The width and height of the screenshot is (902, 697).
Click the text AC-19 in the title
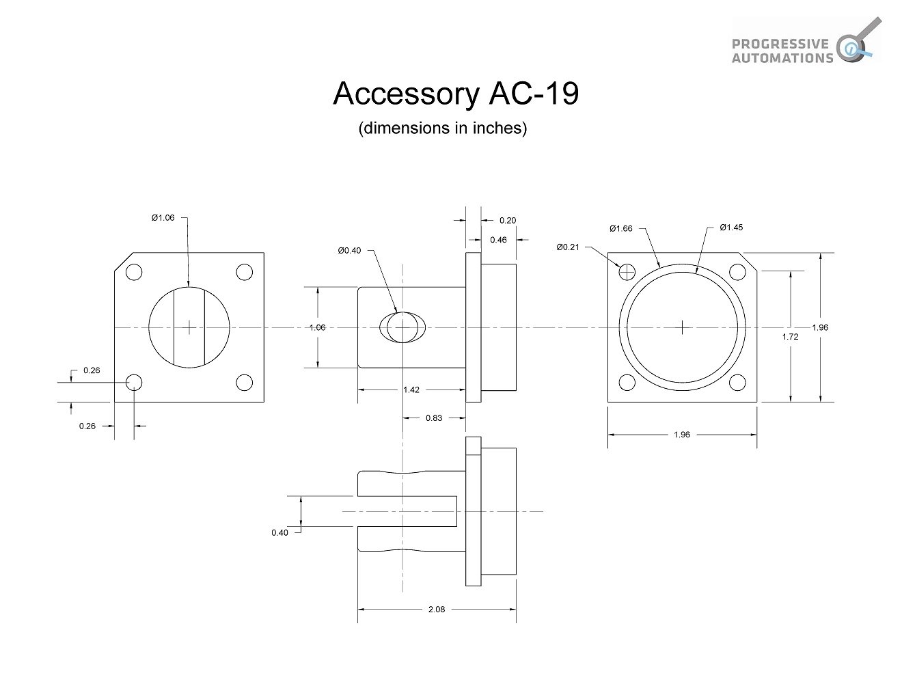[534, 94]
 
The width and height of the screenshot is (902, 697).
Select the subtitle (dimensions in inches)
[442, 128]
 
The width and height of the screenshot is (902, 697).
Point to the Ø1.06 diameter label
[163, 217]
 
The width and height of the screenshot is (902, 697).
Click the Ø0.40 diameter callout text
[349, 250]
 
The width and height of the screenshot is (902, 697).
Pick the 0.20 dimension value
[508, 220]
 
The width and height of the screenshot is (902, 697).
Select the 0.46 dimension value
[498, 240]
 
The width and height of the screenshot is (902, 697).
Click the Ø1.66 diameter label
[621, 228]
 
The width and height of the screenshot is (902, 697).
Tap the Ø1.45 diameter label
[730, 228]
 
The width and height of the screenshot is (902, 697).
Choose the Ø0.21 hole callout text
[567, 247]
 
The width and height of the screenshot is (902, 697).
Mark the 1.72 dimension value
[790, 336]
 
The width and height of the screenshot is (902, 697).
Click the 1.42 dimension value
[411, 389]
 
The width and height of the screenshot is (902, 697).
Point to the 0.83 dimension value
[433, 418]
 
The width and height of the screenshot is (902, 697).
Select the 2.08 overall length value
[436, 610]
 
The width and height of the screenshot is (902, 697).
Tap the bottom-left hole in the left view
[134, 382]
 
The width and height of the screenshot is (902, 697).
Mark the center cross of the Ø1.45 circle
[682, 327]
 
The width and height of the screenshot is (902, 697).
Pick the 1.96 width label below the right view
[681, 435]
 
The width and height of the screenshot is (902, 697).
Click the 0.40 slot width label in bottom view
[279, 532]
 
